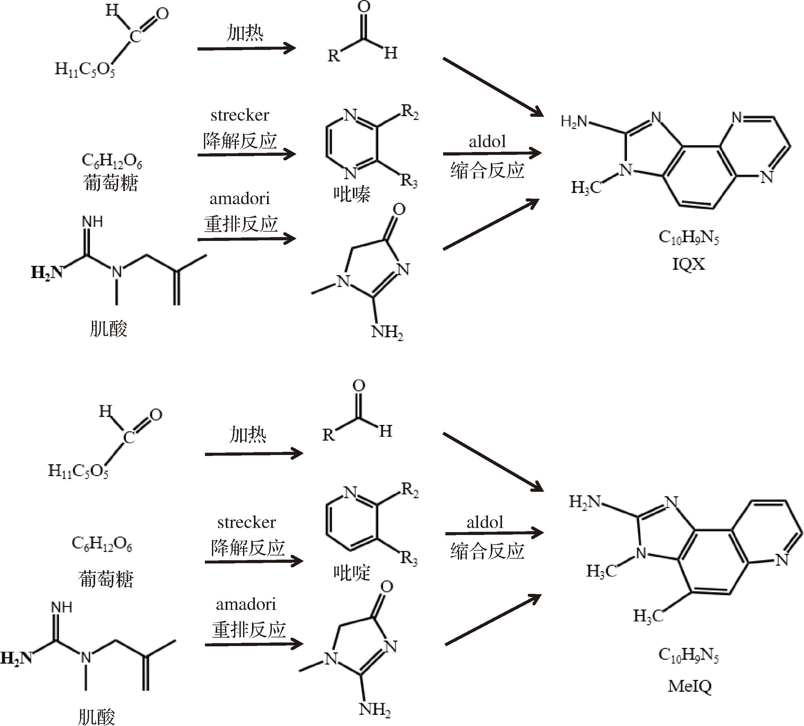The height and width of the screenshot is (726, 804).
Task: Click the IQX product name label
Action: pyautogui.click(x=688, y=264)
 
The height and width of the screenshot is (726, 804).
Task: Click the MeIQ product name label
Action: pyautogui.click(x=690, y=686)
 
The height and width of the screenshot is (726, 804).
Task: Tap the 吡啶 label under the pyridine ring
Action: pyautogui.click(x=352, y=573)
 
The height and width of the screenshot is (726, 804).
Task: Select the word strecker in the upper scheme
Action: pyautogui.click(x=240, y=115)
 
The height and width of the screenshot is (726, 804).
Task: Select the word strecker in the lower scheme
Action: pyautogui.click(x=247, y=523)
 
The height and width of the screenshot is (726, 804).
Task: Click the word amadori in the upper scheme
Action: pyautogui.click(x=240, y=198)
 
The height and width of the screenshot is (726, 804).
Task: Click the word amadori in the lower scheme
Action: pyautogui.click(x=246, y=604)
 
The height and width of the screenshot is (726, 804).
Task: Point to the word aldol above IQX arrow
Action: pyautogui.click(x=487, y=141)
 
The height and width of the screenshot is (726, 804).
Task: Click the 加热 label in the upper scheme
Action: pyautogui.click(x=245, y=33)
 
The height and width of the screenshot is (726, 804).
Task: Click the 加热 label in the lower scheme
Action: pyautogui.click(x=248, y=434)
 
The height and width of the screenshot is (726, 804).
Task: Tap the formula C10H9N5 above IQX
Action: pyautogui.click(x=689, y=237)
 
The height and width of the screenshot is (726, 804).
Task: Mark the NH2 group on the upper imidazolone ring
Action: pyautogui.click(x=387, y=332)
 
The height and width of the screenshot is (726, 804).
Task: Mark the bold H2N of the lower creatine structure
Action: pyautogui.click(x=16, y=658)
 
